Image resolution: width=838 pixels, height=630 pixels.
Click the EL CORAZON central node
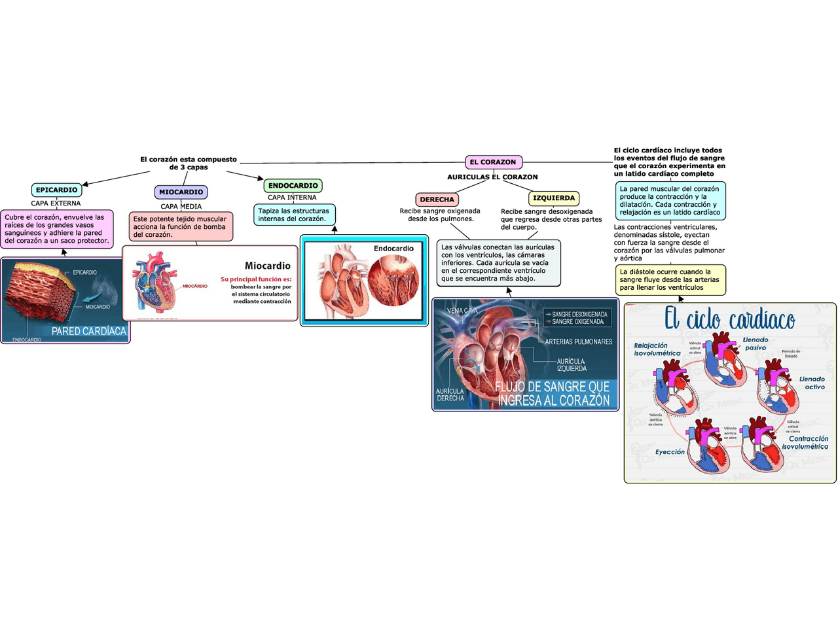point(493,162)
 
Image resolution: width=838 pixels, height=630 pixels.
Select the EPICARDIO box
point(56,190)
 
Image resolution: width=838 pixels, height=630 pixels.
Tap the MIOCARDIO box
point(181,192)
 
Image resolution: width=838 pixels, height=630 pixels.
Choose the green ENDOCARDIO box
point(293,185)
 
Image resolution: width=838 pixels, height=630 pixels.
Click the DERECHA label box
point(437,199)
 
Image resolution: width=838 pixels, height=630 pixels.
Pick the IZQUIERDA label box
point(553,198)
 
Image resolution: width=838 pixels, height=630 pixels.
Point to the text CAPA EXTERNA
point(56,203)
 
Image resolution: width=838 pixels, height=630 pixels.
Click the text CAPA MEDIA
point(181,206)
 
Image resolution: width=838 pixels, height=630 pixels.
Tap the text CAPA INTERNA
point(292,197)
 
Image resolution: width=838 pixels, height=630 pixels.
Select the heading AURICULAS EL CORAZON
point(492,177)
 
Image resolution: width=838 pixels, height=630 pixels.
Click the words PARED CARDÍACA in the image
point(89,331)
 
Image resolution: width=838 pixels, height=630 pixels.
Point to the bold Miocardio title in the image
point(267,266)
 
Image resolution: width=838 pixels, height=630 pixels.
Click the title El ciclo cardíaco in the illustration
point(729,319)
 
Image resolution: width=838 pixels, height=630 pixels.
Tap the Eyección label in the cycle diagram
point(670,452)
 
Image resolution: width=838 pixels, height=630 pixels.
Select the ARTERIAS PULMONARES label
point(579,341)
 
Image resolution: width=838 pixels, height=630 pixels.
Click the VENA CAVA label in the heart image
point(462,310)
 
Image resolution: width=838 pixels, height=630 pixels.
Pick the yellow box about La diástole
point(670,279)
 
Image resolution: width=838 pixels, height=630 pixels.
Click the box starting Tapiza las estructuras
point(294,215)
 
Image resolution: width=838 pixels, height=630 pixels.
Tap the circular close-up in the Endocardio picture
point(393,281)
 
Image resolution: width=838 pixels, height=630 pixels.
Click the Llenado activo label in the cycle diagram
point(812,383)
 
